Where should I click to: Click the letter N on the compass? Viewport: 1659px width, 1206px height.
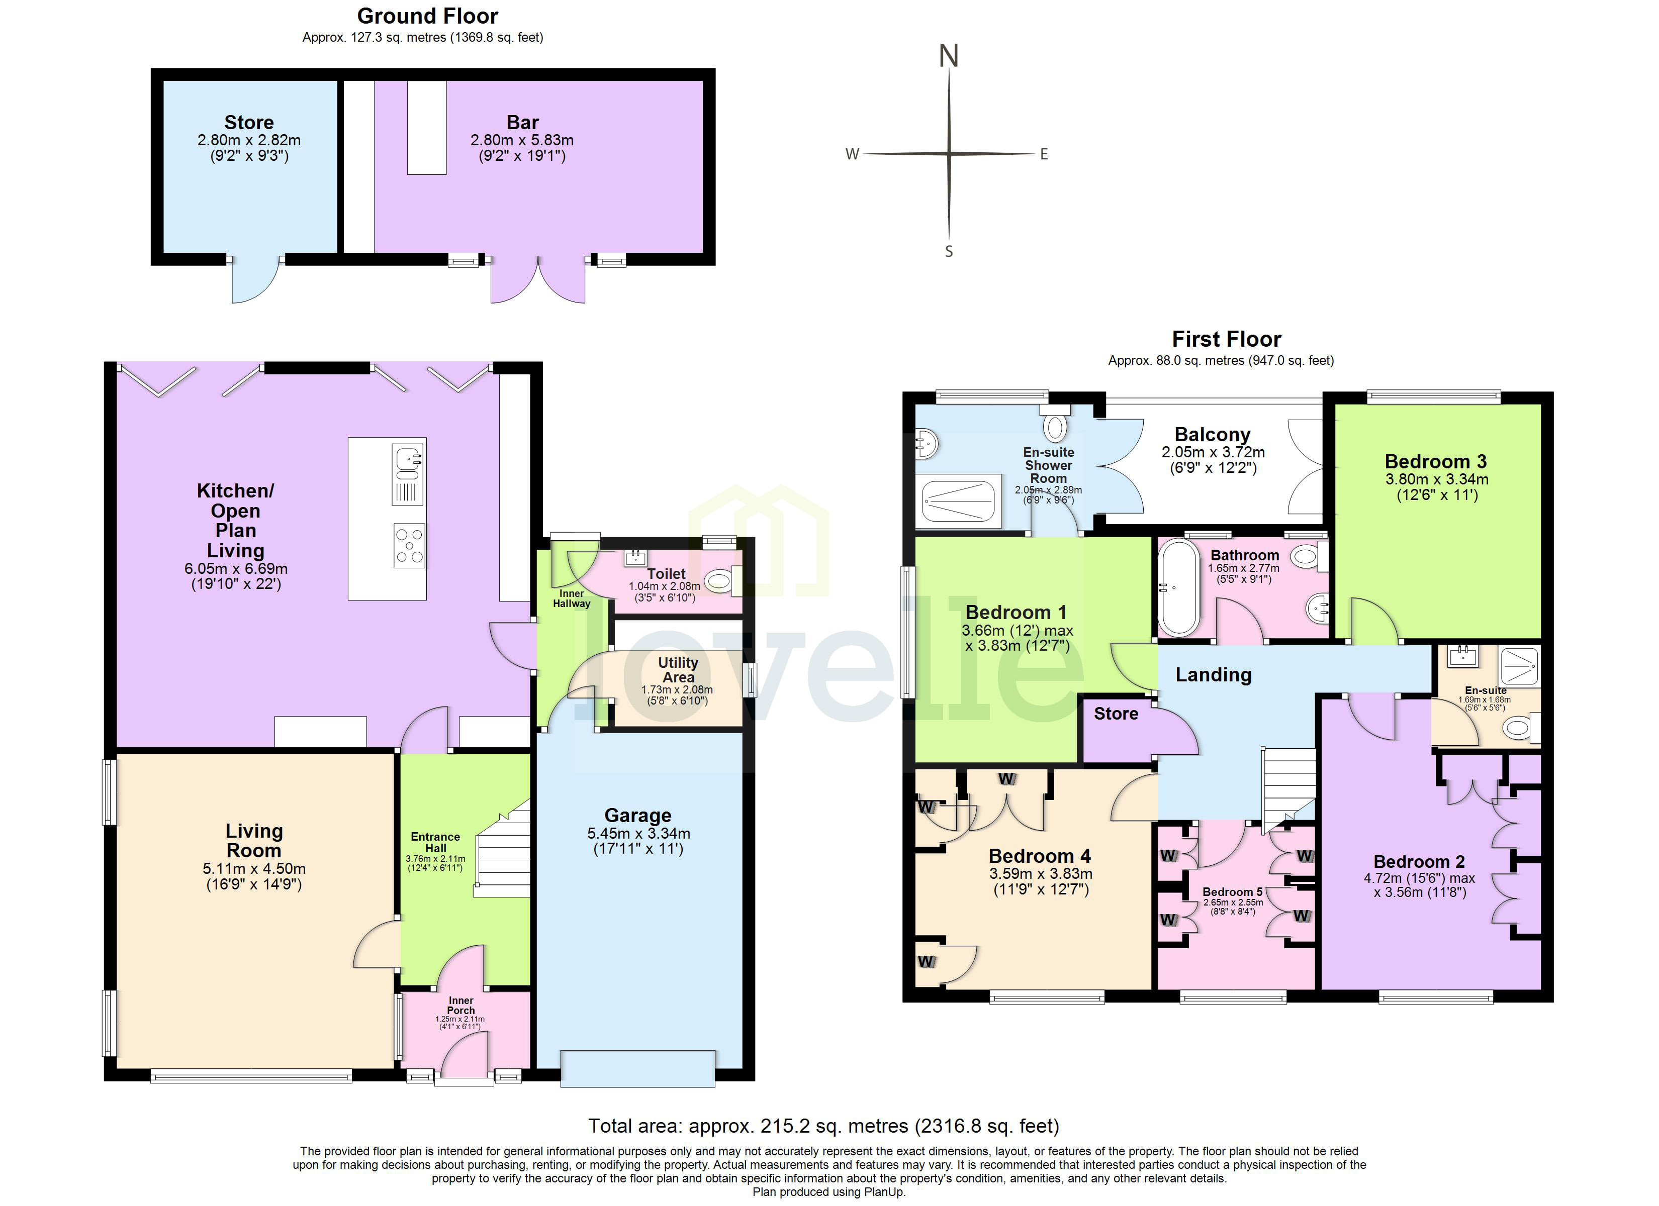[948, 56]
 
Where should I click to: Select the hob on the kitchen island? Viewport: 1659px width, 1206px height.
[409, 546]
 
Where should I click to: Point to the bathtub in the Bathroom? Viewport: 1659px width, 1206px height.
[1178, 588]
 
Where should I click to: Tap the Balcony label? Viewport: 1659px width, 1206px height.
[1212, 435]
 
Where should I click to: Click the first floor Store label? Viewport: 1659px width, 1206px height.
[1116, 713]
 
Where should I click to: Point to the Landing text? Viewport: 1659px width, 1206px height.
[1213, 674]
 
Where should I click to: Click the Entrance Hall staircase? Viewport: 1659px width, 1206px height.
[505, 848]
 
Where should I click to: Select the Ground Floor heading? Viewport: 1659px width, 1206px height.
[427, 16]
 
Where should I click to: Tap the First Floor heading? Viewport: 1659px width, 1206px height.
[1226, 339]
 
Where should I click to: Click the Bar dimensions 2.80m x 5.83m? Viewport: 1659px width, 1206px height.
[521, 140]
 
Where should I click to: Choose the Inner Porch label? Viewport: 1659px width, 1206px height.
[461, 1005]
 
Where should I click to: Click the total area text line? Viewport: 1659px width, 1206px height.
[823, 1126]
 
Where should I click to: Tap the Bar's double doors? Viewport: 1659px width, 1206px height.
[537, 281]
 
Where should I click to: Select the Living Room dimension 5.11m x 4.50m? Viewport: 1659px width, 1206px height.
[254, 869]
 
